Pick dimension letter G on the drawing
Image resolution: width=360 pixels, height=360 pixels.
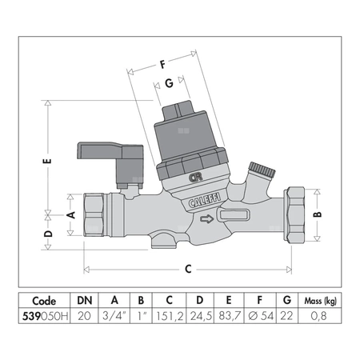[169, 82]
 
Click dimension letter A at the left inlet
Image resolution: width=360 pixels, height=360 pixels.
[70, 214]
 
